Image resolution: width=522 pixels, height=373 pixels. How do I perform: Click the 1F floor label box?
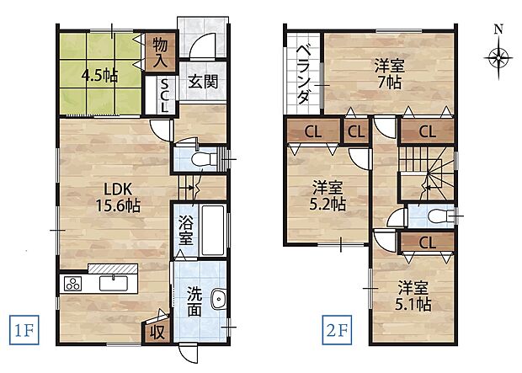coord(24,330)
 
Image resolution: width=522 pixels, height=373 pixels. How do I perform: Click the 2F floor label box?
coord(337,330)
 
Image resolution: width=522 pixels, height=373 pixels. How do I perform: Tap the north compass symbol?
coord(498,53)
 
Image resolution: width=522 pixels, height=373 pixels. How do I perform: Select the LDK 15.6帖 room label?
coord(118,198)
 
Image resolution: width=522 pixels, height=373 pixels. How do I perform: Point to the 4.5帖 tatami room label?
coord(99,77)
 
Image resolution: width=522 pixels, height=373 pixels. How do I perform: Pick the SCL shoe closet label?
coord(165,95)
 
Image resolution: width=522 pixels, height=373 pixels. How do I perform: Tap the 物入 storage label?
coord(160,53)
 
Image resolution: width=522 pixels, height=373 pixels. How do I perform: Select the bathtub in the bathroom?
coord(213,230)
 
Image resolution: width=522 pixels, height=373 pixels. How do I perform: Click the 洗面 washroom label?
coord(194,301)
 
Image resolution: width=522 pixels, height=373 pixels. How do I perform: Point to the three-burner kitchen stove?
coord(73,284)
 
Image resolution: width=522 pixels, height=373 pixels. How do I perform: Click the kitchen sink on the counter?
coord(114,283)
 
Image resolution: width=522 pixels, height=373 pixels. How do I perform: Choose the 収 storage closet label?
coord(157,332)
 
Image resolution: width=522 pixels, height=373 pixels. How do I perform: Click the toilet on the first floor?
coord(204,158)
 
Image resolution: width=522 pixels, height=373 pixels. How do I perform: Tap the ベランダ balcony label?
coord(303,75)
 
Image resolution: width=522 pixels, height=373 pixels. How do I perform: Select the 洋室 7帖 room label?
coord(389,73)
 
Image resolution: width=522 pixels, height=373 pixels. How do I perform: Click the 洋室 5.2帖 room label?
coord(328,196)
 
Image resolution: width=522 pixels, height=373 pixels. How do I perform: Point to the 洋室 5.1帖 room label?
coord(413,296)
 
